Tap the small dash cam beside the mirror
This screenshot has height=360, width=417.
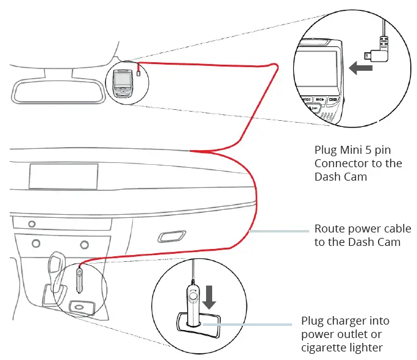tap(123, 82)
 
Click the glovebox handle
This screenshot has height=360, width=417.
tap(173, 236)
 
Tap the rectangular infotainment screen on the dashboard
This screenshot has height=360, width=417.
tap(63, 176)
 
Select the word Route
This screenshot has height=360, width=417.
tap(330, 229)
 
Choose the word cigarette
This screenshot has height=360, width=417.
tap(326, 348)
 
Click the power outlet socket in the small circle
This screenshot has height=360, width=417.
tap(78, 306)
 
